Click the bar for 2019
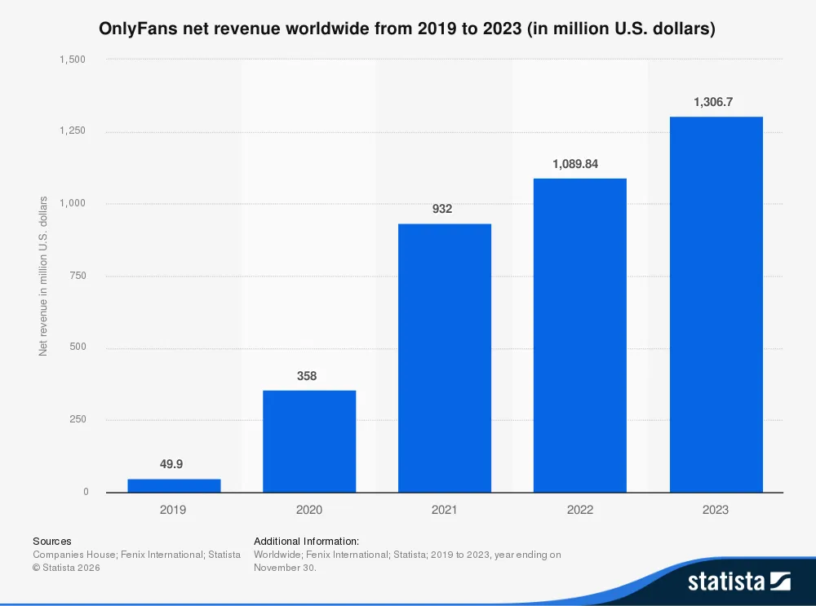coord(174,485)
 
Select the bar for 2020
coord(309,441)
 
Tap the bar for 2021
coord(445,358)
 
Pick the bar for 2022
coord(580,335)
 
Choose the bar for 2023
coord(716,304)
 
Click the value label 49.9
coord(171,464)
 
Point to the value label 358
coord(307,376)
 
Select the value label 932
coord(442,209)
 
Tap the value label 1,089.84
coord(575,164)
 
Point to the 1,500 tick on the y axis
coord(73,60)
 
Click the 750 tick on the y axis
coord(78,276)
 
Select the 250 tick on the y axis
coord(78,420)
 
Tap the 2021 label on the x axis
coord(445,510)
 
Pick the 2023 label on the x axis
coord(716,510)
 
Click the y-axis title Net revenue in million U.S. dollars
coord(43,276)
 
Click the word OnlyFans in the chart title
coord(137,29)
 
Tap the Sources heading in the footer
coord(51,541)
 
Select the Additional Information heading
coord(306,541)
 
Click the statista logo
coord(738,581)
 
